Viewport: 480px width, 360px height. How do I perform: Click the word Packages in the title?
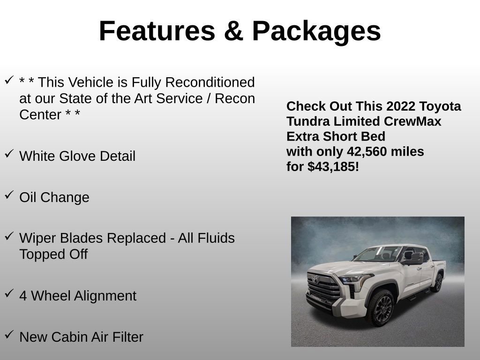click(316, 31)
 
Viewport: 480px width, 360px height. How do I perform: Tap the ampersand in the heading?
click(233, 31)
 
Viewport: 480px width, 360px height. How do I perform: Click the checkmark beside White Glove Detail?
click(9, 154)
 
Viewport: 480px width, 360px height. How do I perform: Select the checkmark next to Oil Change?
click(9, 195)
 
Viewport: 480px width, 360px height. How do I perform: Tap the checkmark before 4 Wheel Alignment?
click(9, 293)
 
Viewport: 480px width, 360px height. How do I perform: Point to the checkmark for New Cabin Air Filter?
click(9, 335)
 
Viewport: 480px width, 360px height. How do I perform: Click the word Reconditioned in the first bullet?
click(210, 82)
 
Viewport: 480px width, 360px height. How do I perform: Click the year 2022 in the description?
click(398, 106)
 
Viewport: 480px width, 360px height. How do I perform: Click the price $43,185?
click(333, 166)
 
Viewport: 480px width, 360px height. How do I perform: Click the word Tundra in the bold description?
click(308, 121)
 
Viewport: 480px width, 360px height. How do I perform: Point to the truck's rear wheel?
click(438, 283)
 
